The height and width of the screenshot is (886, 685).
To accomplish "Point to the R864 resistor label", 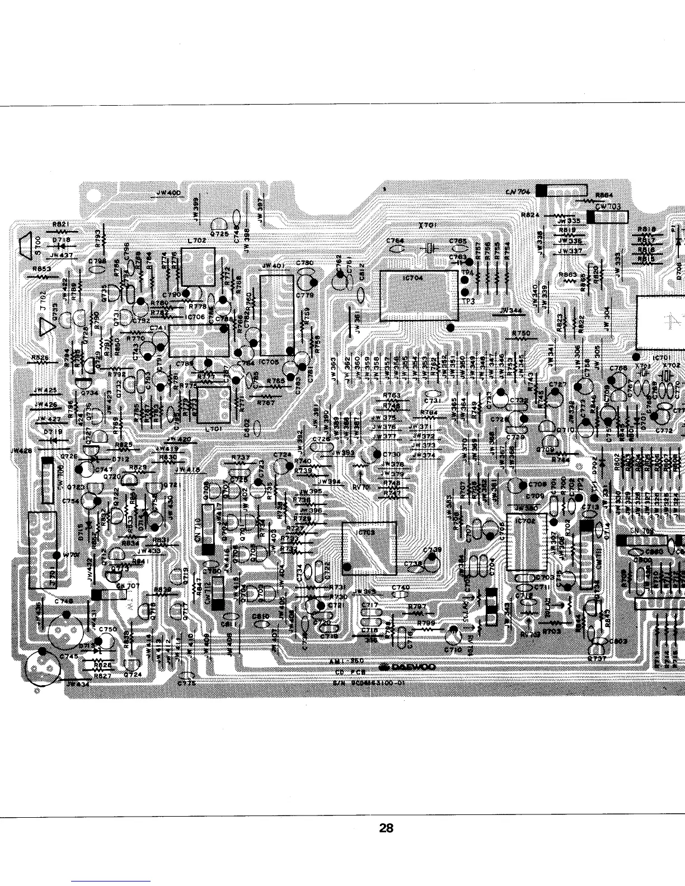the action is coord(604,195).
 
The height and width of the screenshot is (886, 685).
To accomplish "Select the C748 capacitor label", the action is coord(64,601).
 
